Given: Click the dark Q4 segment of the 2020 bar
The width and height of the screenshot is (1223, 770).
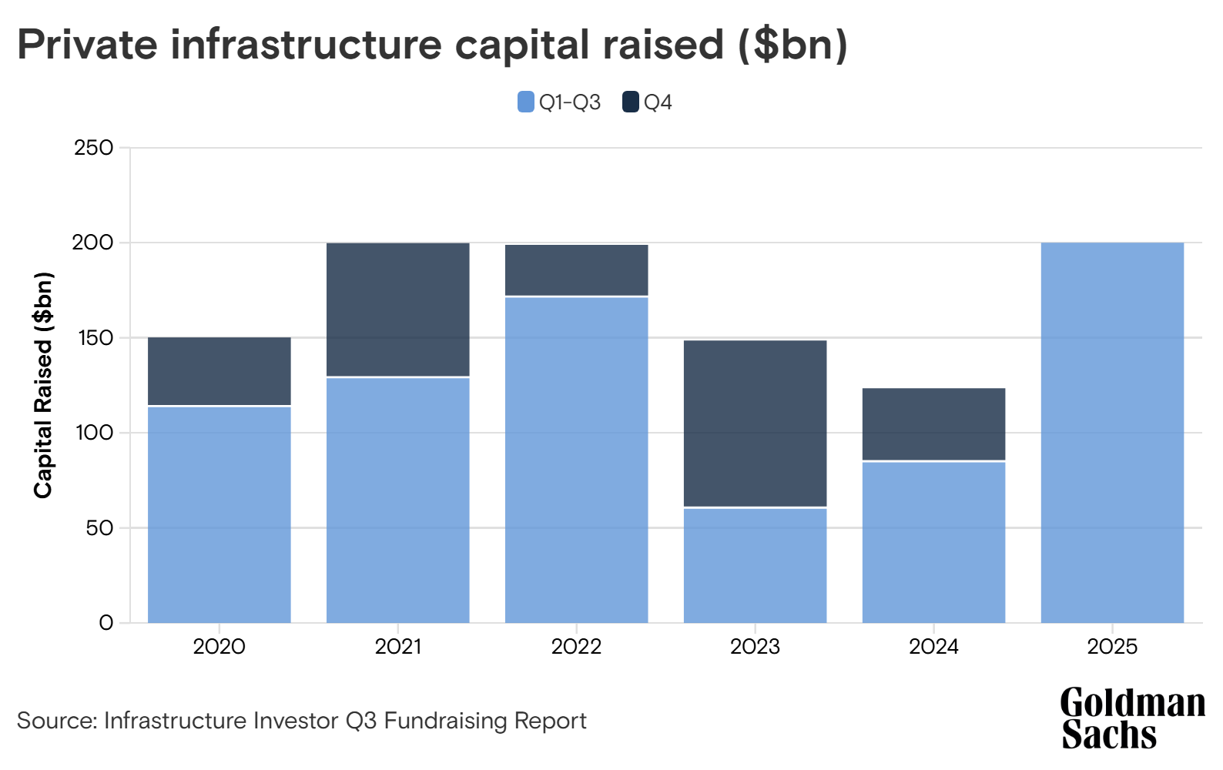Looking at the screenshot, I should coord(219,371).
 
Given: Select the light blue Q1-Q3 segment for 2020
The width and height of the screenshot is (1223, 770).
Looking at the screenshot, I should coord(219,514).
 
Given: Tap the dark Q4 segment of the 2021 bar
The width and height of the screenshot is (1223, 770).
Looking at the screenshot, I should coord(398,310).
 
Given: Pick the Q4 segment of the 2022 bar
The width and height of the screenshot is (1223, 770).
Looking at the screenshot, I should coord(576,270).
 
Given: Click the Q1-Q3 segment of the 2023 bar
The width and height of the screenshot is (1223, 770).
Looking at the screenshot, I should coord(755,565).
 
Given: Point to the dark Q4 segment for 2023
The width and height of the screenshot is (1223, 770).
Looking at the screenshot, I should coord(755,423).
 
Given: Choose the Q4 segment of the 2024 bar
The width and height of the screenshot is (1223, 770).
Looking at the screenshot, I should coord(933,424).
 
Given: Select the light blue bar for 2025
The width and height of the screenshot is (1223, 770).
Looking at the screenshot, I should coord(1112,433).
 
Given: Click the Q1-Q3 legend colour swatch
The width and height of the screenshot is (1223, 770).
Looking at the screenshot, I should coord(526,102).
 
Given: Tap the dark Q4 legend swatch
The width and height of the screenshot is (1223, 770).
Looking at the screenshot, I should coord(631,102).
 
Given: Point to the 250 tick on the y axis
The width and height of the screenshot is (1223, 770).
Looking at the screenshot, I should coord(94,147).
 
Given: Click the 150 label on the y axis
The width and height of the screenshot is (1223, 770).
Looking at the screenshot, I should coord(94,338).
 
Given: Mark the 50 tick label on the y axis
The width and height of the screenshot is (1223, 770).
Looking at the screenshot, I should coord(99,528).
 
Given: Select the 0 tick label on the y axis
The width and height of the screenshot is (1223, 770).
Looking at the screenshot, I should coord(106,623).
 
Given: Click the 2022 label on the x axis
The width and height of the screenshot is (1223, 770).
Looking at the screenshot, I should coord(576,646).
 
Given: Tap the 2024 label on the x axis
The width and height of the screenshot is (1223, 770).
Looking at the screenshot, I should coord(933,646).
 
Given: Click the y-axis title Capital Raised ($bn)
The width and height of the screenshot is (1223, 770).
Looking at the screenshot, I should coord(43,385).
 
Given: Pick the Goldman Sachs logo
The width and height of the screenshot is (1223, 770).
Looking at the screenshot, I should coord(1132,718).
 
